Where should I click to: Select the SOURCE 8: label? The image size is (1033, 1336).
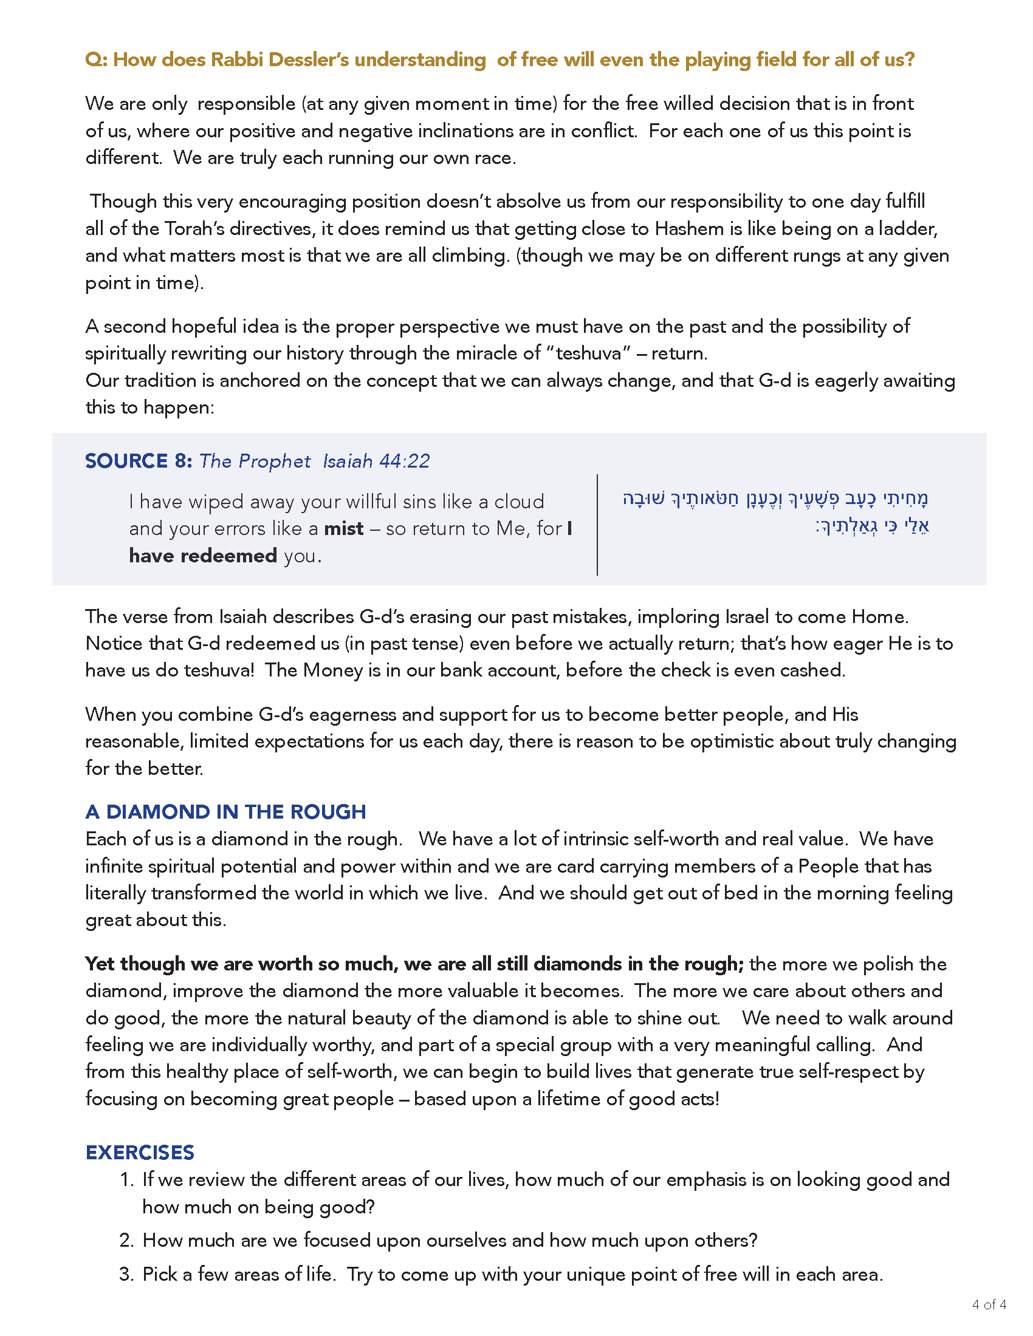tap(139, 461)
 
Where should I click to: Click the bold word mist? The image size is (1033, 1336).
tap(343, 528)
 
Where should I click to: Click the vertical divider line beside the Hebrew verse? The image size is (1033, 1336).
tap(597, 524)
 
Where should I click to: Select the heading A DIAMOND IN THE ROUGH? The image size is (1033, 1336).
tap(225, 812)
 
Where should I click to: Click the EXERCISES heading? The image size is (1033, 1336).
tap(140, 1153)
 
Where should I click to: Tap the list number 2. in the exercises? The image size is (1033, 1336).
tap(126, 1241)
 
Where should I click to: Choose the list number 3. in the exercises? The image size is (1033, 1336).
tap(126, 1275)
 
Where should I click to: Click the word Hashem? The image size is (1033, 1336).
tap(689, 229)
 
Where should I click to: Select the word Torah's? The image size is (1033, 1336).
tap(195, 229)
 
